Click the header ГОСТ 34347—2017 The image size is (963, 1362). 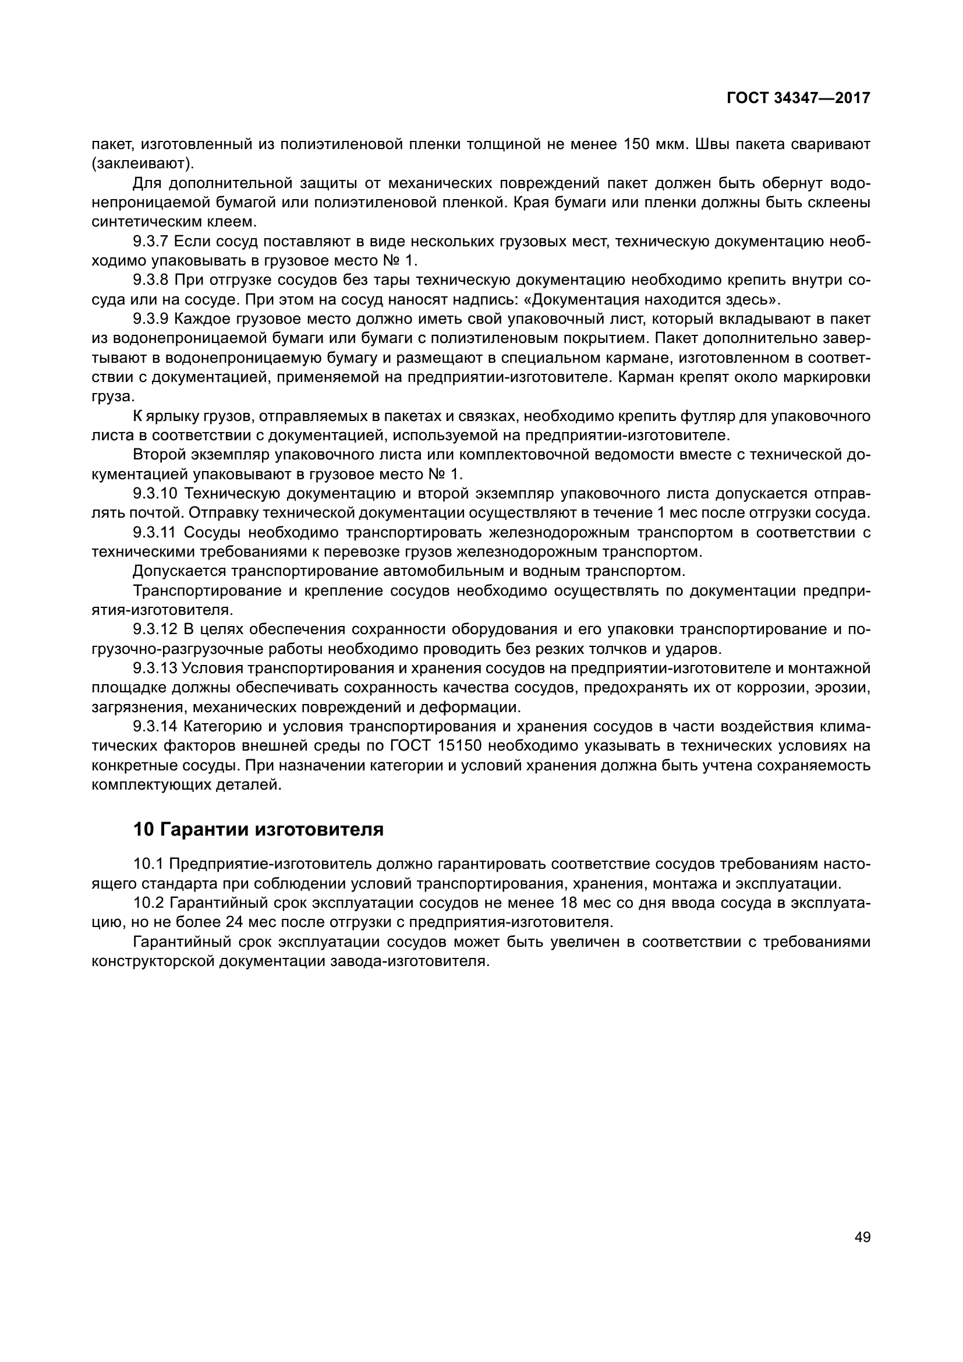pyautogui.click(x=798, y=98)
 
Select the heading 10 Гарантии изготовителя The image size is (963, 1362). pyautogui.click(x=259, y=829)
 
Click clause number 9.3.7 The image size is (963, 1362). pyautogui.click(x=151, y=242)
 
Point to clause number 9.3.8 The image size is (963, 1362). pyautogui.click(x=151, y=280)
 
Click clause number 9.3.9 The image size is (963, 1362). pyautogui.click(x=151, y=319)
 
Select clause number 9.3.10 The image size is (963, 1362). pyautogui.click(x=155, y=494)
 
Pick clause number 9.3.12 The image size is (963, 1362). pyautogui.click(x=155, y=629)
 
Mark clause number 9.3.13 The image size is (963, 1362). pyautogui.click(x=155, y=668)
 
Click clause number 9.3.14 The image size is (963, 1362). pyautogui.click(x=155, y=727)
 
